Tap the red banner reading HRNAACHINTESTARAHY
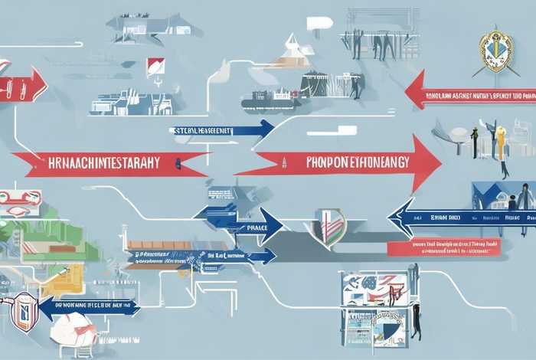click(x=107, y=162)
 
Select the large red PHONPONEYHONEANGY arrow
click(x=345, y=162)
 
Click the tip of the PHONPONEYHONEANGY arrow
click(x=439, y=162)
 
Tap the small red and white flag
click(x=155, y=66)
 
